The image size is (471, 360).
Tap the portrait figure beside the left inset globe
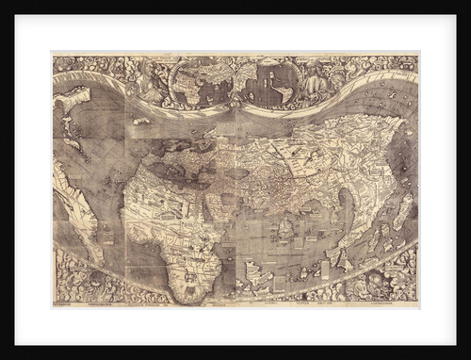[150, 80]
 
